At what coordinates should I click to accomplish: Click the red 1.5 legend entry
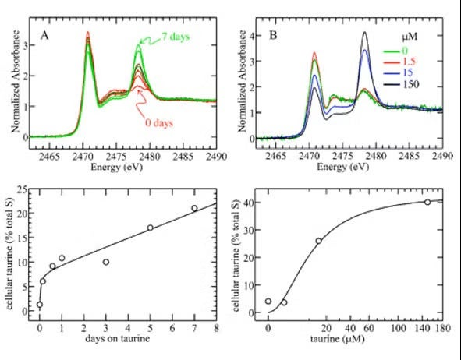(x=410, y=60)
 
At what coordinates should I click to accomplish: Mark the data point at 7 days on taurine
(x=194, y=208)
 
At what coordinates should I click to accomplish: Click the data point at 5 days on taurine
(x=150, y=228)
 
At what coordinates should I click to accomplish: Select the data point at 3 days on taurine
(x=105, y=262)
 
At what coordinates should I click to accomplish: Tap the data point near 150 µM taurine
(x=427, y=202)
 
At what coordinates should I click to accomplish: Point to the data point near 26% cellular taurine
(x=318, y=241)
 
